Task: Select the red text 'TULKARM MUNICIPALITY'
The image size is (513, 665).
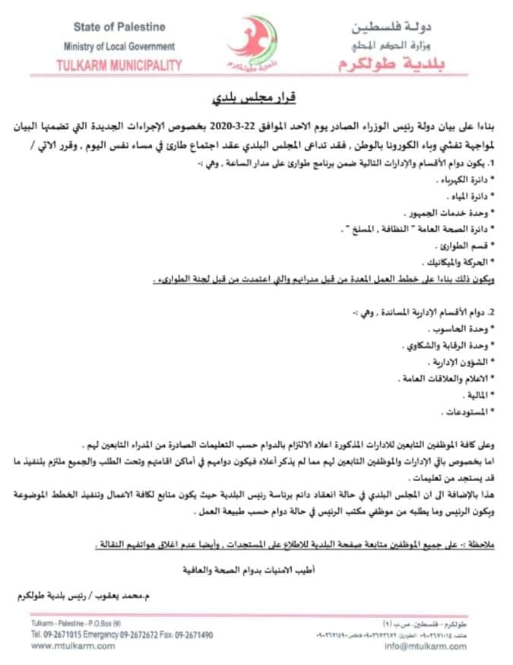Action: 119,65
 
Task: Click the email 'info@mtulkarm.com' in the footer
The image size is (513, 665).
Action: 426,646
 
